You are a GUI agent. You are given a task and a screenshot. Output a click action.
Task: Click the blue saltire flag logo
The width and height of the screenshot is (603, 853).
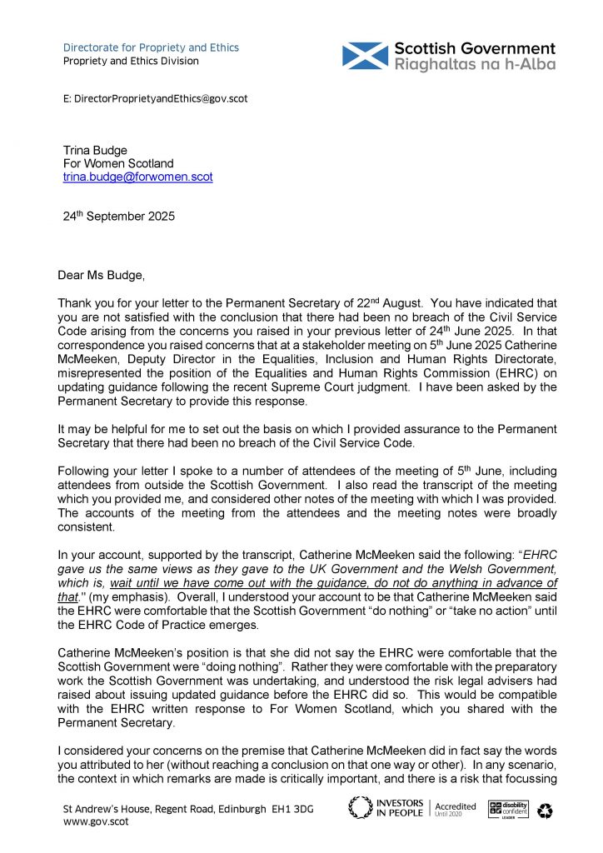[365, 56]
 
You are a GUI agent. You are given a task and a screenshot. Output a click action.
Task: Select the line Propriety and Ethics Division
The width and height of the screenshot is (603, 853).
[132, 61]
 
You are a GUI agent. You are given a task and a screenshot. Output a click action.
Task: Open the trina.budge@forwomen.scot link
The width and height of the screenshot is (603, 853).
[138, 177]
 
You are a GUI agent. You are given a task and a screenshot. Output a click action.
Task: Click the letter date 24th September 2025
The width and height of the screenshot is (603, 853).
[119, 216]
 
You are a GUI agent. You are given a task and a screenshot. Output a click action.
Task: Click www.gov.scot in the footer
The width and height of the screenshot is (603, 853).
[92, 821]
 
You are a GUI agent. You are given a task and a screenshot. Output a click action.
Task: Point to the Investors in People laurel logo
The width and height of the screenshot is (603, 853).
[361, 808]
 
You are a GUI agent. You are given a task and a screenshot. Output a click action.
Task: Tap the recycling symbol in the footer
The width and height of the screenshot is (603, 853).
[546, 810]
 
